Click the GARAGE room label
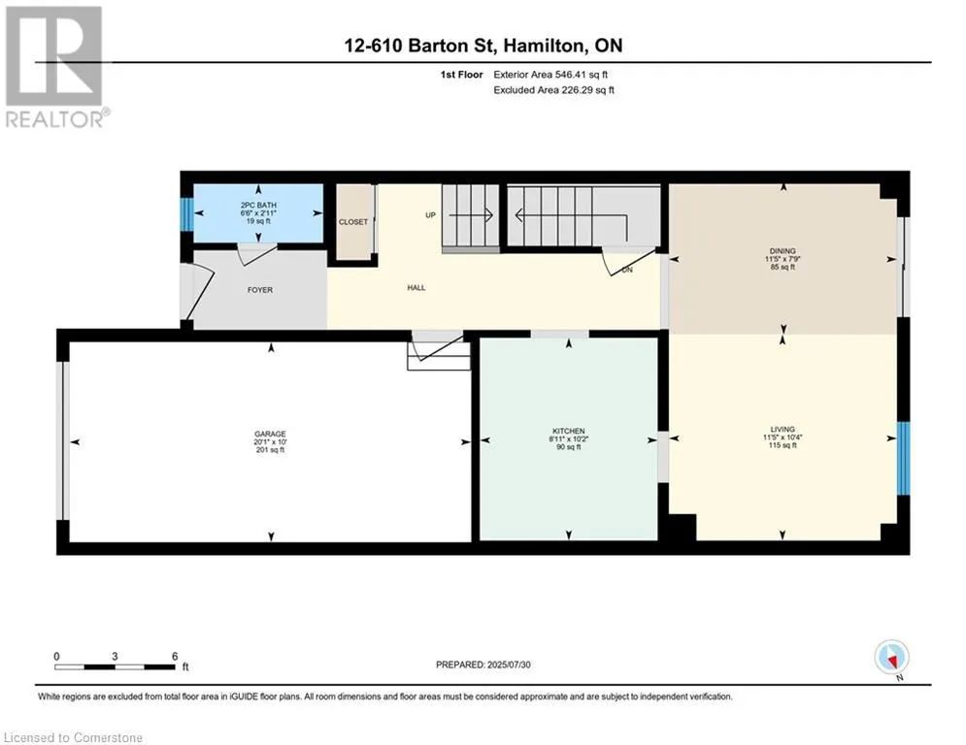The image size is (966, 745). [270, 434]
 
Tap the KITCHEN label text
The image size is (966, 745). [569, 432]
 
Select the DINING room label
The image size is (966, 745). [783, 251]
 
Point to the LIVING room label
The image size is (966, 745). [783, 429]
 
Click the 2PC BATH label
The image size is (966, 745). [258, 205]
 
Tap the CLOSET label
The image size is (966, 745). [353, 221]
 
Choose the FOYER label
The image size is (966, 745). [260, 290]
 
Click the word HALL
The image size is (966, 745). [416, 287]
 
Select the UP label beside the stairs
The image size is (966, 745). [431, 215]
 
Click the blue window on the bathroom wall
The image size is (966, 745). [186, 213]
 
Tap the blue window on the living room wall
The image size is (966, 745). [903, 458]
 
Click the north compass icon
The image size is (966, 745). [891, 659]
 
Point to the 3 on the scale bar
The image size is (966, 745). [115, 657]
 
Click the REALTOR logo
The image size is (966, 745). [56, 67]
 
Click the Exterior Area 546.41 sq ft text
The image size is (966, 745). [550, 75]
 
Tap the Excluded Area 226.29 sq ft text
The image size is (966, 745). [553, 90]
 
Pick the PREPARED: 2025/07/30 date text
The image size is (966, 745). [483, 664]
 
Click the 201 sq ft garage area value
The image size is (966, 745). [270, 450]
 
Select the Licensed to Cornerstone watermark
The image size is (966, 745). [74, 737]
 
